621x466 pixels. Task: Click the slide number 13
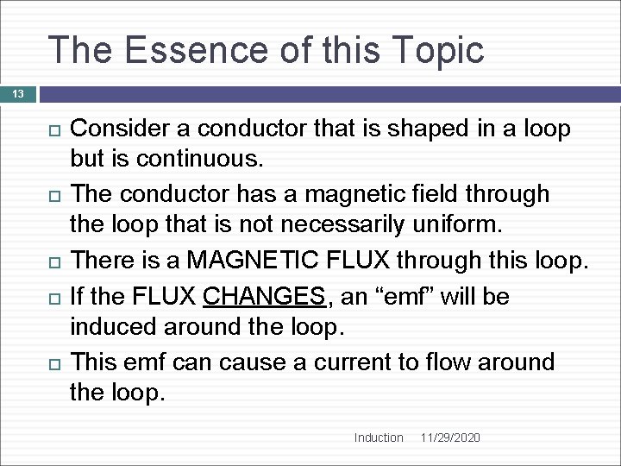coord(18,93)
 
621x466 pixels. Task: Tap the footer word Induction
coord(379,438)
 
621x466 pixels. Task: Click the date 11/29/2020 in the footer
coord(450,438)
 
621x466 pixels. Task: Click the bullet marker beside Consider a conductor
coord(53,130)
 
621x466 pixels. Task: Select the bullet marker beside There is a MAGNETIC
coord(53,260)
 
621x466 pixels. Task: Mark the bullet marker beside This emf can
coord(53,362)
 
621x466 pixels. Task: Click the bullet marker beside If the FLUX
coord(53,298)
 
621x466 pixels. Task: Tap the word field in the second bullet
coord(422,193)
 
